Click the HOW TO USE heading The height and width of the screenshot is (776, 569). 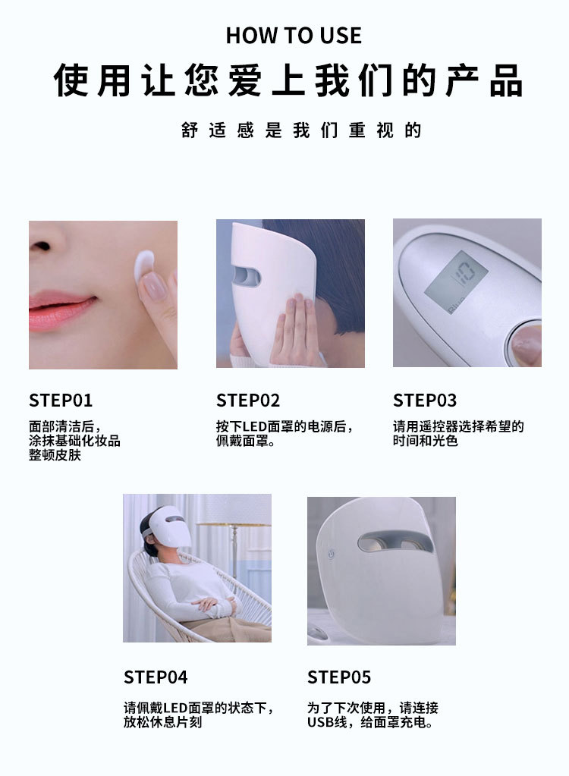293,35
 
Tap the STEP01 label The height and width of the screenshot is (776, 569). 61,401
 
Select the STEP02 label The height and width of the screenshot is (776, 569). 248,401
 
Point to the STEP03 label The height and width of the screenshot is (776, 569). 425,401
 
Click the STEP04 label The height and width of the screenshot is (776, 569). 156,677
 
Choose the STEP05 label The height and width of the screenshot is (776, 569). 339,677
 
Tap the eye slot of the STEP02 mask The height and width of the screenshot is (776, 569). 246,277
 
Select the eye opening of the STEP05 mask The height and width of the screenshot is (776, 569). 395,542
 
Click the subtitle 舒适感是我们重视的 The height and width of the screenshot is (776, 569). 301,130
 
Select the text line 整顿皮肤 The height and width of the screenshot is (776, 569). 55,455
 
